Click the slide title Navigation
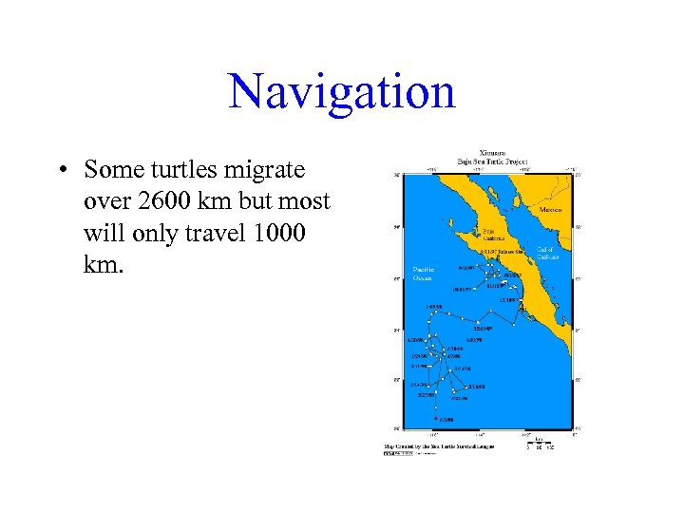tap(342, 92)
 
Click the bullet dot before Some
tap(60, 171)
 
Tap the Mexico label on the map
tap(550, 209)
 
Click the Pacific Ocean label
tap(424, 274)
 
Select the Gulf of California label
tap(548, 253)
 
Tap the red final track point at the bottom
tap(436, 418)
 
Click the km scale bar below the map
tap(539, 444)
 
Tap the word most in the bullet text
tap(299, 201)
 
